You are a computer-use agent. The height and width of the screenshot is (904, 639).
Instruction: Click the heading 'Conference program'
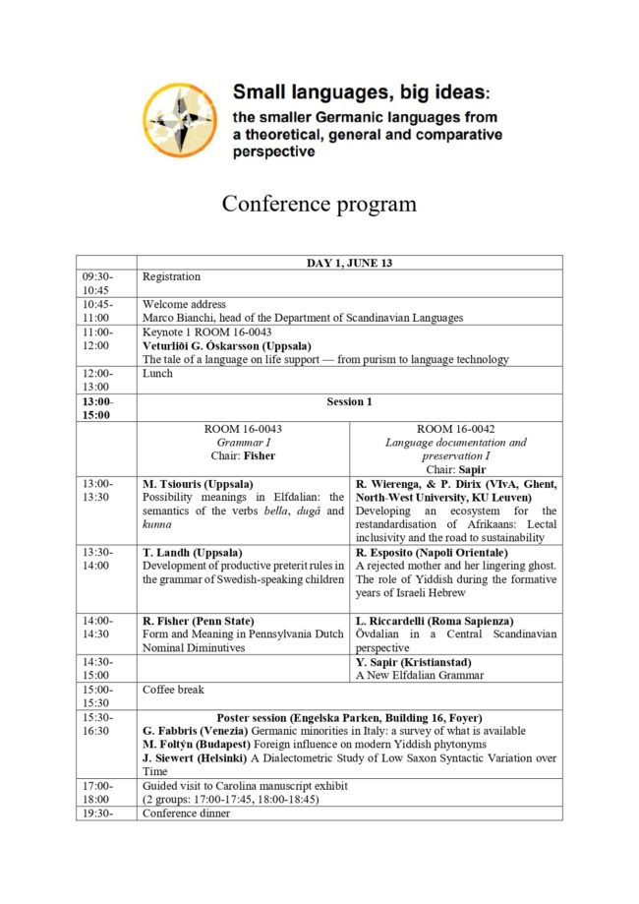point(319,204)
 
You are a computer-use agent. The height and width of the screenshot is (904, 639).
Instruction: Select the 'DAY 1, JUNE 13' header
point(349,263)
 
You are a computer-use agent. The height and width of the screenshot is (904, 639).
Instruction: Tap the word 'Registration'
point(171,277)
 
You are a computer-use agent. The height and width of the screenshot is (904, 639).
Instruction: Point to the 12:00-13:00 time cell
point(97,381)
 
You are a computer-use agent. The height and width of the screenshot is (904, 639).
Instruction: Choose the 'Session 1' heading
point(349,401)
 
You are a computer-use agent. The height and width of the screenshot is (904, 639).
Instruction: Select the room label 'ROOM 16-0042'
point(455,430)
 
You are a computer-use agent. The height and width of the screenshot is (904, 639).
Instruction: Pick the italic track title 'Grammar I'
point(242,444)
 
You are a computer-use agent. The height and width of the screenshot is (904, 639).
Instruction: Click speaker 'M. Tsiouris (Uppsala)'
point(198,485)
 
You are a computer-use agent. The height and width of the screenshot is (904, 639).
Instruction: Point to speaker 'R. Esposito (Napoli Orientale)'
point(432,553)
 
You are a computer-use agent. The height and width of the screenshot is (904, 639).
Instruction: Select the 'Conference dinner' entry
point(190,814)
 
